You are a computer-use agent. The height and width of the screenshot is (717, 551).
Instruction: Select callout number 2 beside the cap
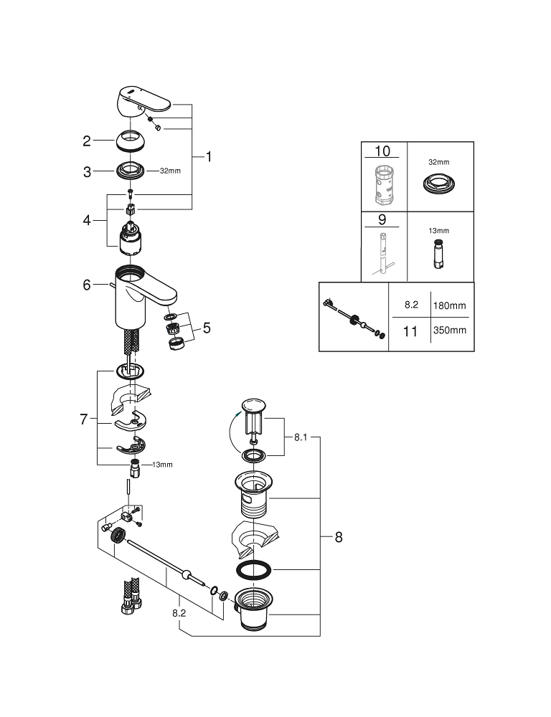87,141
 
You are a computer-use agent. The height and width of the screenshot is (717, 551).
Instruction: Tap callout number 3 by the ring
87,172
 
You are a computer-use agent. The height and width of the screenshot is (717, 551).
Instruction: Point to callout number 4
87,220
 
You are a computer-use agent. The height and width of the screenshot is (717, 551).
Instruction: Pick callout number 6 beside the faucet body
87,285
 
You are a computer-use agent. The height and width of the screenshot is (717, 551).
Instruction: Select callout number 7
84,419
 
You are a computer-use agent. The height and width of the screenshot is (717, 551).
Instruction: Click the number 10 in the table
383,151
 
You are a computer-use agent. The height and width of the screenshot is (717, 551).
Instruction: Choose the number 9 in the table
383,221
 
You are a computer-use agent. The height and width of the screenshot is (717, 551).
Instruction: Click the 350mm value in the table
449,330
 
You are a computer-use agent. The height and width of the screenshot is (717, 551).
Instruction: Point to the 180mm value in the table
449,305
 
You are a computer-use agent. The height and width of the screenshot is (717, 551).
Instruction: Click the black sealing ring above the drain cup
254,571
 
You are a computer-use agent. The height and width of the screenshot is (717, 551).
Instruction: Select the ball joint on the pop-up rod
187,575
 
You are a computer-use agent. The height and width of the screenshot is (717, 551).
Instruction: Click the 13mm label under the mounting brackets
163,465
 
